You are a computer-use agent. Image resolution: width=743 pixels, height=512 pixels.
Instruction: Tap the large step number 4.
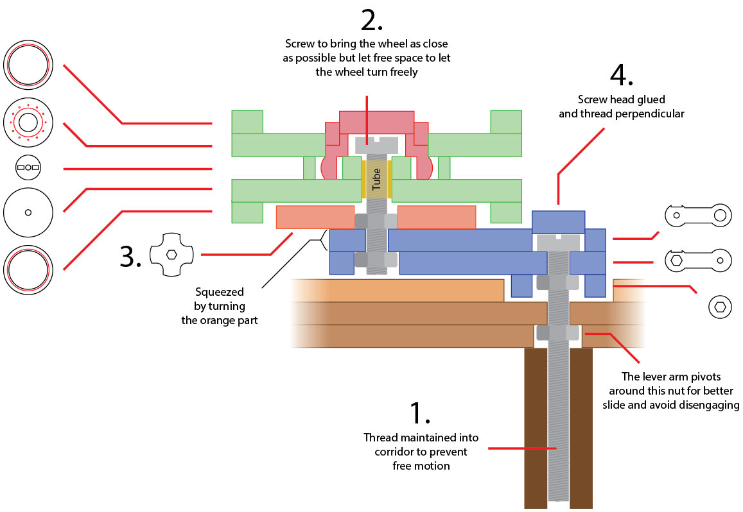tap(621, 76)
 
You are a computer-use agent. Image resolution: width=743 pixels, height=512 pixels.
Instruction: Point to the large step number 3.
tap(130, 256)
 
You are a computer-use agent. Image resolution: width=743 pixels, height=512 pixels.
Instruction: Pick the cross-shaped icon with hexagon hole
tap(171, 255)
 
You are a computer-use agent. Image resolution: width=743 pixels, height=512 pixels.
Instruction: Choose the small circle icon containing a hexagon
tap(720, 307)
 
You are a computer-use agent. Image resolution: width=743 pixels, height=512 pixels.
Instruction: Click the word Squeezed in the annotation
tap(220, 293)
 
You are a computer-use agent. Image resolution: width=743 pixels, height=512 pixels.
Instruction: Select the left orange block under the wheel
tap(315, 217)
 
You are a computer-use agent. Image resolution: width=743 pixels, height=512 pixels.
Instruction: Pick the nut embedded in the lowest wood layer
tap(557, 333)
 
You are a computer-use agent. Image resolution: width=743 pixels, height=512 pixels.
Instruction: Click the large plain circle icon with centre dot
tap(28, 212)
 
